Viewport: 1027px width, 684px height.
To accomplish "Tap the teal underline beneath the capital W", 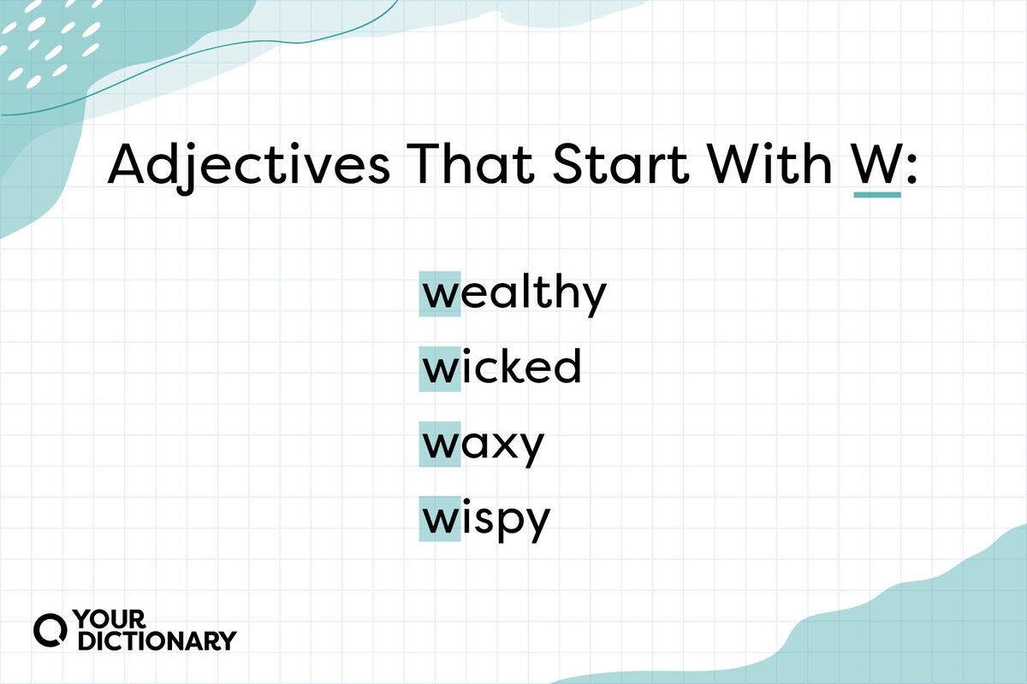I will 877,195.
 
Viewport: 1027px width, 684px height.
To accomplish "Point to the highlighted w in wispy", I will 440,520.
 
